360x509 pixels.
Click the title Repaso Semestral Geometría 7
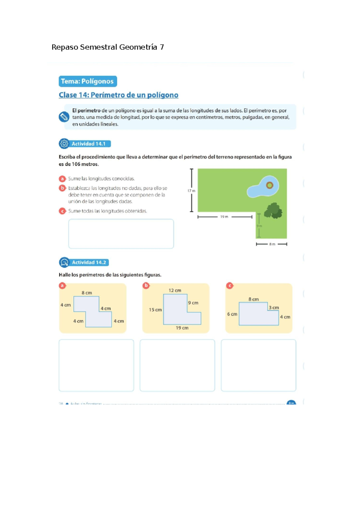pos(108,47)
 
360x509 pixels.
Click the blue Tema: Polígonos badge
pos(88,81)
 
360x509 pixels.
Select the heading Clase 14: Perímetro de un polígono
pos(118,95)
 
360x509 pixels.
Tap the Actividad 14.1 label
pos(88,144)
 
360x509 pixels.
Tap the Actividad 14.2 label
pos(89,262)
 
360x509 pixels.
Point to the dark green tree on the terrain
pos(273,211)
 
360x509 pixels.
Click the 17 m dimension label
pos(191,191)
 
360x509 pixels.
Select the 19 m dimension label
pos(224,217)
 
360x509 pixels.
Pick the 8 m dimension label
pos(272,244)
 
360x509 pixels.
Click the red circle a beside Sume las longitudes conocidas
pos(62,179)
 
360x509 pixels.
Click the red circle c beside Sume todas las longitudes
pos(62,211)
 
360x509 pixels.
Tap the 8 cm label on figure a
pos(87,293)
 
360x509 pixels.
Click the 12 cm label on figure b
pos(175,290)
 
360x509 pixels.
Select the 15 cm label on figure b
pos(155,310)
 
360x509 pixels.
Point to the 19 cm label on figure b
pos(182,328)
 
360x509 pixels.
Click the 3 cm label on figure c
pos(274,308)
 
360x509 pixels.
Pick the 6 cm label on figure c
pos(232,314)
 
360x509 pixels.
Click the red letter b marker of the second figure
pos(146,285)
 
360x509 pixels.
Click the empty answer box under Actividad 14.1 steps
pos(121,234)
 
